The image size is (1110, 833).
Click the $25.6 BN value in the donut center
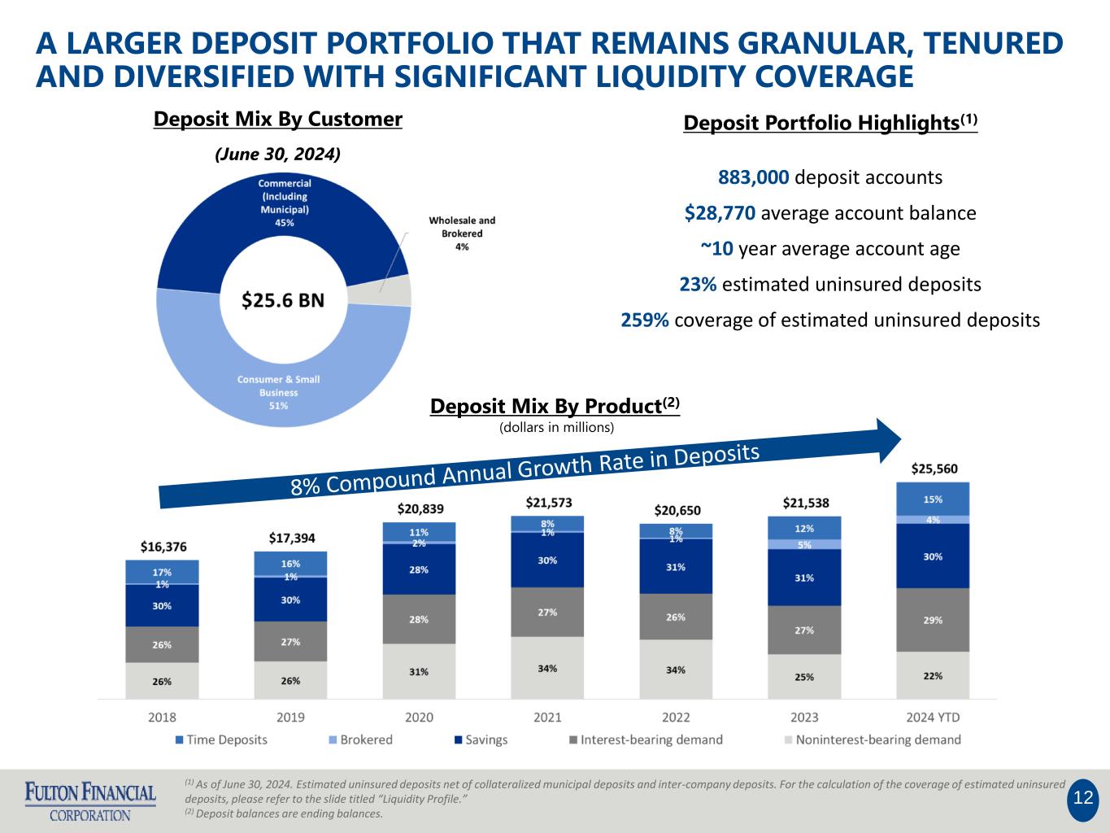[x=283, y=300]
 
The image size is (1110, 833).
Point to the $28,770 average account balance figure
[x=720, y=213]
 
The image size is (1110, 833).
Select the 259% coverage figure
[x=645, y=320]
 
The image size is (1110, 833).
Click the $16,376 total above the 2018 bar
[x=163, y=547]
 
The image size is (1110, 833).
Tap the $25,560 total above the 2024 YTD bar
[x=934, y=469]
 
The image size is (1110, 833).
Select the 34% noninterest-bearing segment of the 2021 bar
[x=547, y=668]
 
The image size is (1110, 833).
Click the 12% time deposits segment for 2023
[x=804, y=528]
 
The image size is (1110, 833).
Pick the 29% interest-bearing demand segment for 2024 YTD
[x=933, y=620]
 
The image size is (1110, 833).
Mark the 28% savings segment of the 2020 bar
[x=419, y=569]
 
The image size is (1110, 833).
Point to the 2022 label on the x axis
[x=676, y=717]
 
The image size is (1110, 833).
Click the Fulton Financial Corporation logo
[x=90, y=801]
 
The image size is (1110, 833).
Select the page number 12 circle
[x=1082, y=798]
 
